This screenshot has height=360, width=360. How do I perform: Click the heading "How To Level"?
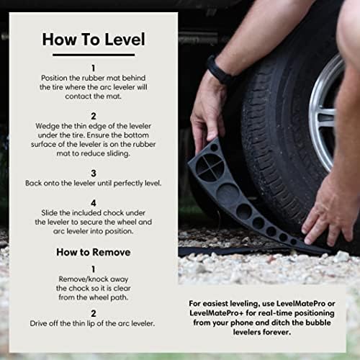click(94, 40)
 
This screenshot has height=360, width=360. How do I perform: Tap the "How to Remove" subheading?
click(94, 252)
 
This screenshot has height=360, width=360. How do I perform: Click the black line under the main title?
click(94, 55)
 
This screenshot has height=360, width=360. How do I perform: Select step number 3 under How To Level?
click(94, 174)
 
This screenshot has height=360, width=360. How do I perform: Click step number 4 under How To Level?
click(94, 203)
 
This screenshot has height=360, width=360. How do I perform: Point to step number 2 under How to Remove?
click(94, 313)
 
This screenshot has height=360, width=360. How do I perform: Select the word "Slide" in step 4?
click(49, 213)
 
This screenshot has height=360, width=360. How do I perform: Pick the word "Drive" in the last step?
click(38, 323)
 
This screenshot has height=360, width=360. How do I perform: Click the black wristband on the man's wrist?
click(218, 71)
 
